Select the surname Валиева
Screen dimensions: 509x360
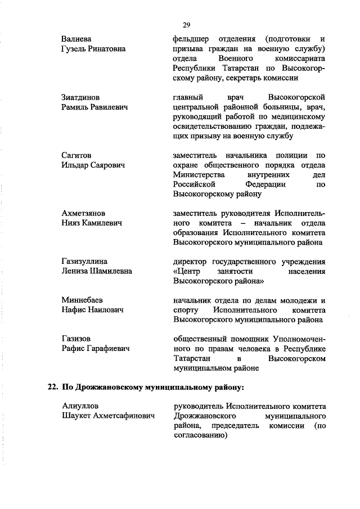(x=76, y=39)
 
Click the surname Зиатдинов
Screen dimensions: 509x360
(x=80, y=97)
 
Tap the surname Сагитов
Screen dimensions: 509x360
(x=76, y=155)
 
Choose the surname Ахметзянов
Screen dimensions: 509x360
(x=83, y=214)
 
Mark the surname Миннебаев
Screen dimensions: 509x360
(x=82, y=300)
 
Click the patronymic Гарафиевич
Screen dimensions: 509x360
(x=107, y=349)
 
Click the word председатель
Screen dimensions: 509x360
(x=235, y=426)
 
